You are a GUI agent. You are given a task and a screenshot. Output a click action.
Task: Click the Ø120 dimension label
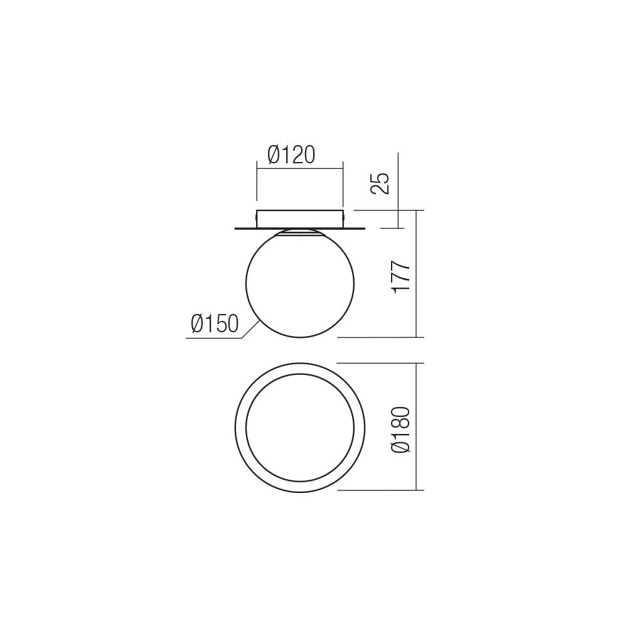291,154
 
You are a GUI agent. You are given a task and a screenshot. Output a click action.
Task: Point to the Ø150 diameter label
215,324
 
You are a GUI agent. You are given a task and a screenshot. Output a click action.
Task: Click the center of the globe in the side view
300,284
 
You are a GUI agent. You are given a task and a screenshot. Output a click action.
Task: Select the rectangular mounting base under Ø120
300,218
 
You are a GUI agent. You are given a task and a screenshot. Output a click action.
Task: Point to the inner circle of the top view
300,427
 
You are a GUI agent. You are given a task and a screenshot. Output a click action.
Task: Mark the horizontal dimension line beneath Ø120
300,167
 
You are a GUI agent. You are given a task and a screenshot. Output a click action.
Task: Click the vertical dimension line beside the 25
397,188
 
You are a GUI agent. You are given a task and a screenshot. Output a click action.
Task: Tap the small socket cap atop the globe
300,232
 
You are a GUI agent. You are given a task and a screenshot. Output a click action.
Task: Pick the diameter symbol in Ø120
274,154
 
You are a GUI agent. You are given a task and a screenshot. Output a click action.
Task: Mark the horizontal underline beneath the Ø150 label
213,339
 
